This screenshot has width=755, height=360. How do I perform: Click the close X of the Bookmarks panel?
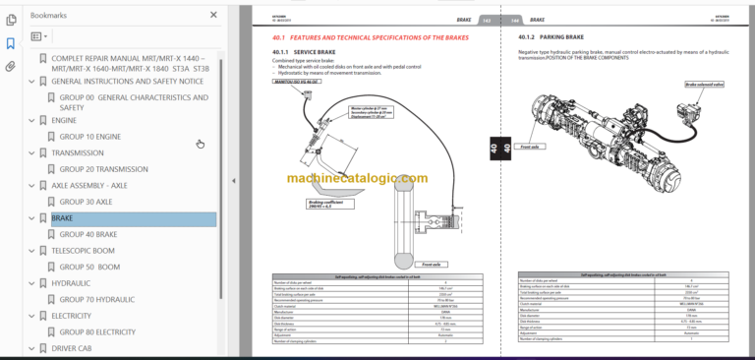214,15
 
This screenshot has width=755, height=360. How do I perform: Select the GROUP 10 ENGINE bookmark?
89,137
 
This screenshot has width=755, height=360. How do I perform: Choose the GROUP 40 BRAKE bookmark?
88,235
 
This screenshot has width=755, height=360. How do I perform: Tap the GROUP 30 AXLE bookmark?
86,202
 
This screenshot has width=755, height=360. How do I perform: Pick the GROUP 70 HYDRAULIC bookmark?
97,299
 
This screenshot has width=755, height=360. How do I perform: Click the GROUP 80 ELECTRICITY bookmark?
97,332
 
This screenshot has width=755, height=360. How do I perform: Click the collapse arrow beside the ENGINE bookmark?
32,121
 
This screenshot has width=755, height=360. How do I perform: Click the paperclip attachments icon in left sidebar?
10,67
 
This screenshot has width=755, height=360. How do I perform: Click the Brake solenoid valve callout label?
705,86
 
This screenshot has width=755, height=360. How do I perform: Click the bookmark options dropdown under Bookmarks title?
38,36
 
